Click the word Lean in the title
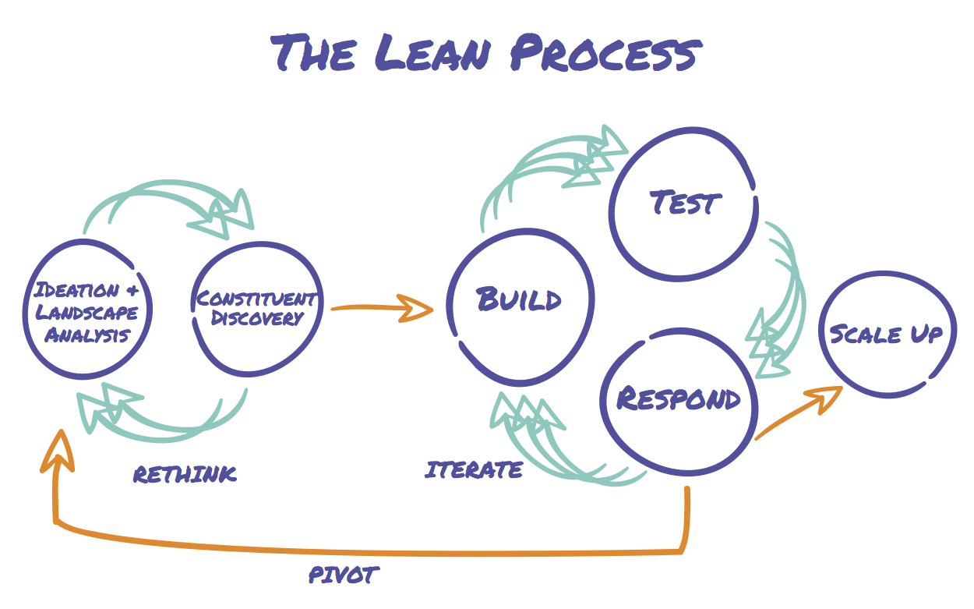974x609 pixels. tap(433, 53)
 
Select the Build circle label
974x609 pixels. tap(519, 299)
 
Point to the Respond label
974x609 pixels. tap(678, 398)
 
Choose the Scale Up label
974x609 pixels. tap(886, 335)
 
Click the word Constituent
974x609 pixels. tap(256, 299)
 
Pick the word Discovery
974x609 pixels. tap(256, 318)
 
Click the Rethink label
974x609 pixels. tap(185, 474)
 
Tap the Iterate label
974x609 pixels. tap(474, 470)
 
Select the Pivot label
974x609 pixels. tap(344, 575)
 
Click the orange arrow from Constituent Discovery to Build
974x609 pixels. tap(381, 308)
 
